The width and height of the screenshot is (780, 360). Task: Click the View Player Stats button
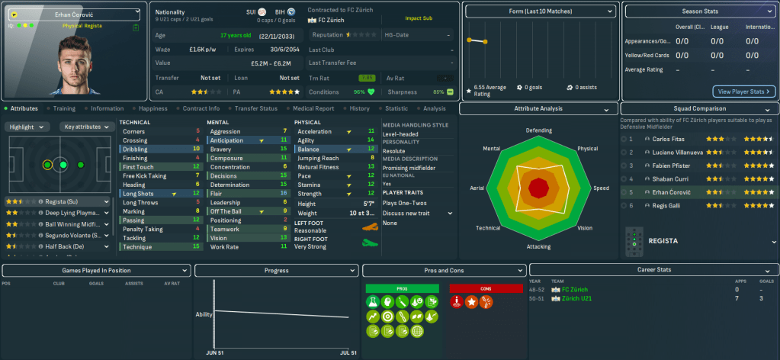pyautogui.click(x=743, y=92)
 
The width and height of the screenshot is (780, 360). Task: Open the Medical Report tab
pyautogui.click(x=314, y=108)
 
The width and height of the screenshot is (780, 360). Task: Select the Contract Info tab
pyautogui.click(x=201, y=108)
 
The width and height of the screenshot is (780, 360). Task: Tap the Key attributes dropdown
pyautogui.click(x=85, y=127)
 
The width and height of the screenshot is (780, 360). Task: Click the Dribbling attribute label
pyautogui.click(x=135, y=149)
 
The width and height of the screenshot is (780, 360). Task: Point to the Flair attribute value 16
pyautogui.click(x=283, y=193)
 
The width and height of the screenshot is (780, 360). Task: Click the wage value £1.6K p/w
pyautogui.click(x=204, y=49)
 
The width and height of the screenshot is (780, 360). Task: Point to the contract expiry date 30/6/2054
pyautogui.click(x=278, y=49)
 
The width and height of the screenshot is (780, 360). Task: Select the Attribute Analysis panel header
pyautogui.click(x=538, y=108)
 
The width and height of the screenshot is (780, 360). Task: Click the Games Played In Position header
pyautogui.click(x=95, y=270)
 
